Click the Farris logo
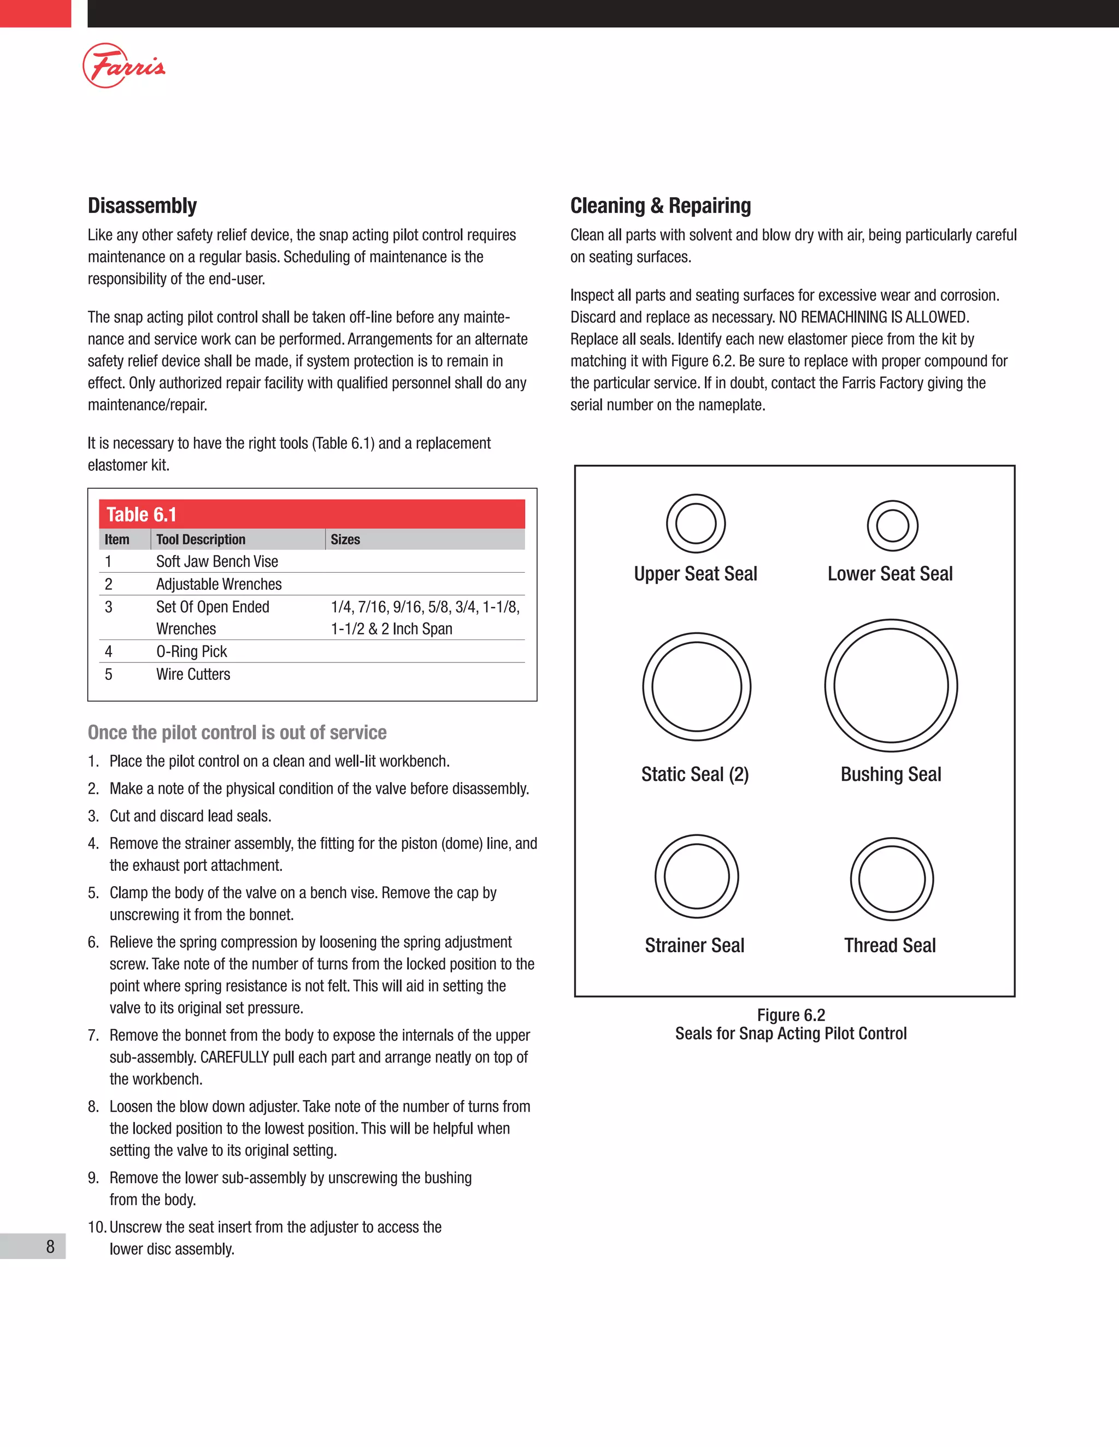tap(124, 66)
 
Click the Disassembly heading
tap(142, 205)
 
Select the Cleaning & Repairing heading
tap(660, 205)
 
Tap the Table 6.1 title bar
tap(311, 514)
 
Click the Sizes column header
tap(345, 539)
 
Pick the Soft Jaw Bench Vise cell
tap(217, 561)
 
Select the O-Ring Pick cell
tap(192, 651)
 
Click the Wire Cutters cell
tap(193, 674)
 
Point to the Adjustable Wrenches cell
tap(219, 584)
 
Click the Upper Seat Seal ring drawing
tap(696, 524)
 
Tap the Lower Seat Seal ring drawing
tap(892, 526)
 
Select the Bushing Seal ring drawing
tap(891, 686)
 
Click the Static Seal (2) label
tap(695, 774)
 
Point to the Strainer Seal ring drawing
tap(696, 876)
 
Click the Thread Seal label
tap(890, 945)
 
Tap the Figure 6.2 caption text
tap(791, 1024)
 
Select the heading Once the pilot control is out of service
tap(237, 732)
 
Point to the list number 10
tap(96, 1227)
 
